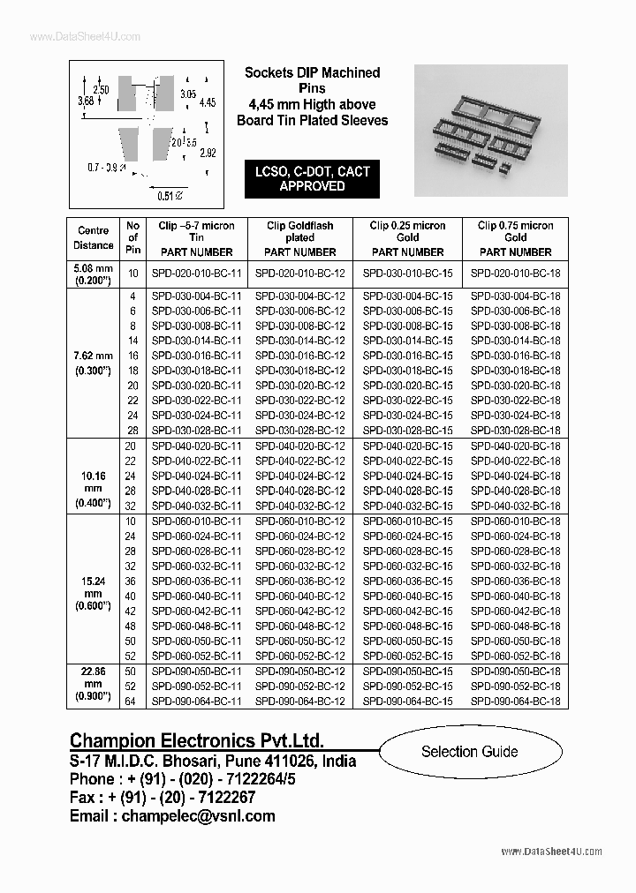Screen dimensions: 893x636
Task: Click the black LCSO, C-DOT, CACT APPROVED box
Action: coord(312,179)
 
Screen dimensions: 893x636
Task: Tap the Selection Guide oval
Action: coord(469,752)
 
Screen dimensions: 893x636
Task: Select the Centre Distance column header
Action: coord(95,237)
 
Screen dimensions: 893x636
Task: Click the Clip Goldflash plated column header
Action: coord(299,237)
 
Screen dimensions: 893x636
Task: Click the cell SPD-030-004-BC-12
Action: coord(299,296)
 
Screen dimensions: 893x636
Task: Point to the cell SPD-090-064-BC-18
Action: coord(515,701)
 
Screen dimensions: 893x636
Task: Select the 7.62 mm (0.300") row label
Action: coord(95,364)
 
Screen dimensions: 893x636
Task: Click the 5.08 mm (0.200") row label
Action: coord(95,274)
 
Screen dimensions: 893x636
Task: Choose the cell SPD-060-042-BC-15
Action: coord(407,611)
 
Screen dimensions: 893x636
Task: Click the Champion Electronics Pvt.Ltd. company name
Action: coord(196,740)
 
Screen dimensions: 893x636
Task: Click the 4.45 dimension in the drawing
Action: coord(208,103)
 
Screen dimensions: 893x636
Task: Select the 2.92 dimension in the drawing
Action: coord(208,153)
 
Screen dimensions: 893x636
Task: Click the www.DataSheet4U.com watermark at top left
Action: coord(72,36)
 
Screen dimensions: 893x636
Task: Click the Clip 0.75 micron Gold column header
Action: coord(515,237)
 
